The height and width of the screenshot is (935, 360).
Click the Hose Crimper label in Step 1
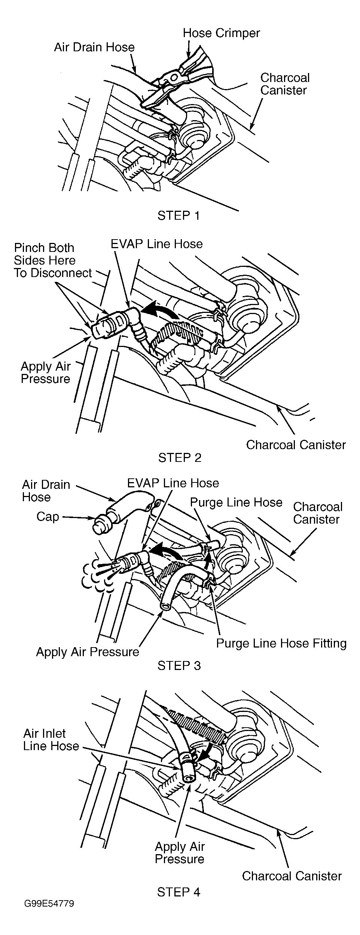(221, 33)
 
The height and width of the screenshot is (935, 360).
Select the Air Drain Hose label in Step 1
(94, 47)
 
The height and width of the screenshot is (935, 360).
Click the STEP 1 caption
(179, 216)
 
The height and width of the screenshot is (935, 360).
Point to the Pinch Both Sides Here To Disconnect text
(52, 260)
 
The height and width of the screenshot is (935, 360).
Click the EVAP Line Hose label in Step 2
(156, 244)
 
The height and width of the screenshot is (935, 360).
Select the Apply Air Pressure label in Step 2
(45, 372)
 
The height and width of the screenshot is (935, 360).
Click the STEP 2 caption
(180, 457)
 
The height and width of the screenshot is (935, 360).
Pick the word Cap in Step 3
(48, 517)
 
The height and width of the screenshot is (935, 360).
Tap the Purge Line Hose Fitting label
(281, 643)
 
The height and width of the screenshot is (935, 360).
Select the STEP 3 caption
(179, 665)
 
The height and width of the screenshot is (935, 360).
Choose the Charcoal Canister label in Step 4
(292, 875)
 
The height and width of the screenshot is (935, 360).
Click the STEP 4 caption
(179, 892)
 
